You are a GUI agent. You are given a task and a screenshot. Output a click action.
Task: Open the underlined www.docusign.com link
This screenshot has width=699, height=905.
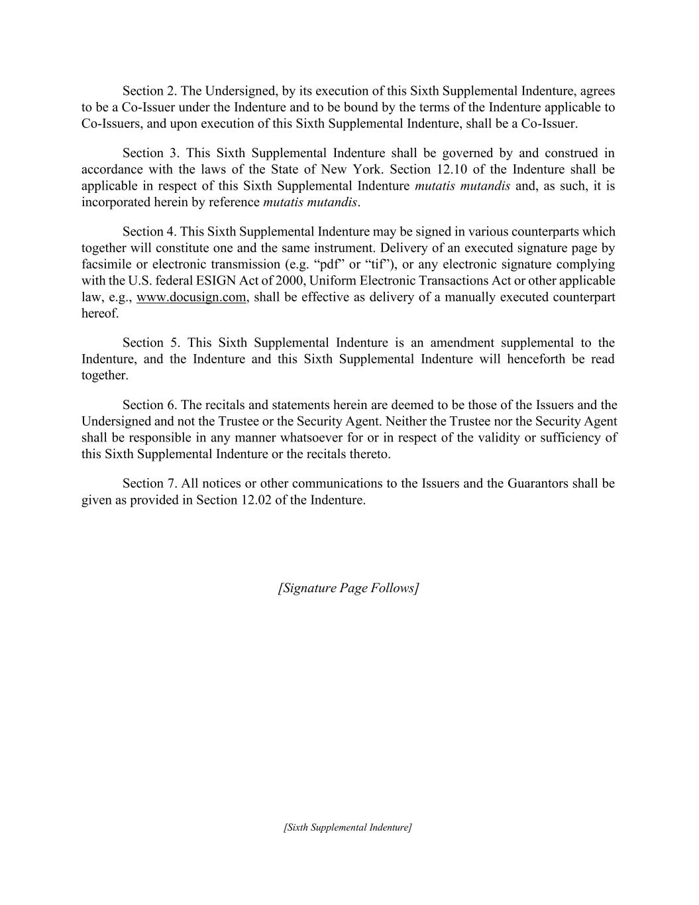pos(192,297)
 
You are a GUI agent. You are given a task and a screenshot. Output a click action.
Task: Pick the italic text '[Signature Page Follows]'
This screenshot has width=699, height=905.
pos(349,588)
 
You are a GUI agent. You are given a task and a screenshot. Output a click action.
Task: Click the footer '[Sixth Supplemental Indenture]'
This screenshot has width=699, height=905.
pos(348,827)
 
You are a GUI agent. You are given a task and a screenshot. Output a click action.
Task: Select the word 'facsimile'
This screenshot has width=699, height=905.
pos(106,265)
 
